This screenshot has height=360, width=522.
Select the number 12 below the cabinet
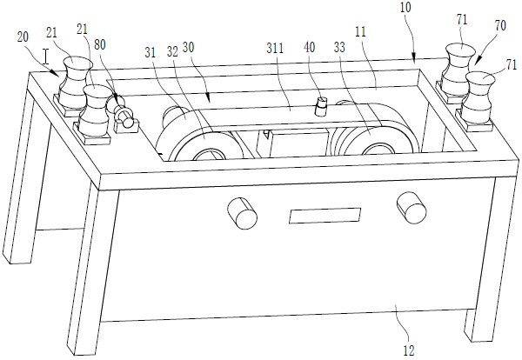point(407,351)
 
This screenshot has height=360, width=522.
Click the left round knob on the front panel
point(239,210)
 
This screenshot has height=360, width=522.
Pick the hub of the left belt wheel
point(207,156)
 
